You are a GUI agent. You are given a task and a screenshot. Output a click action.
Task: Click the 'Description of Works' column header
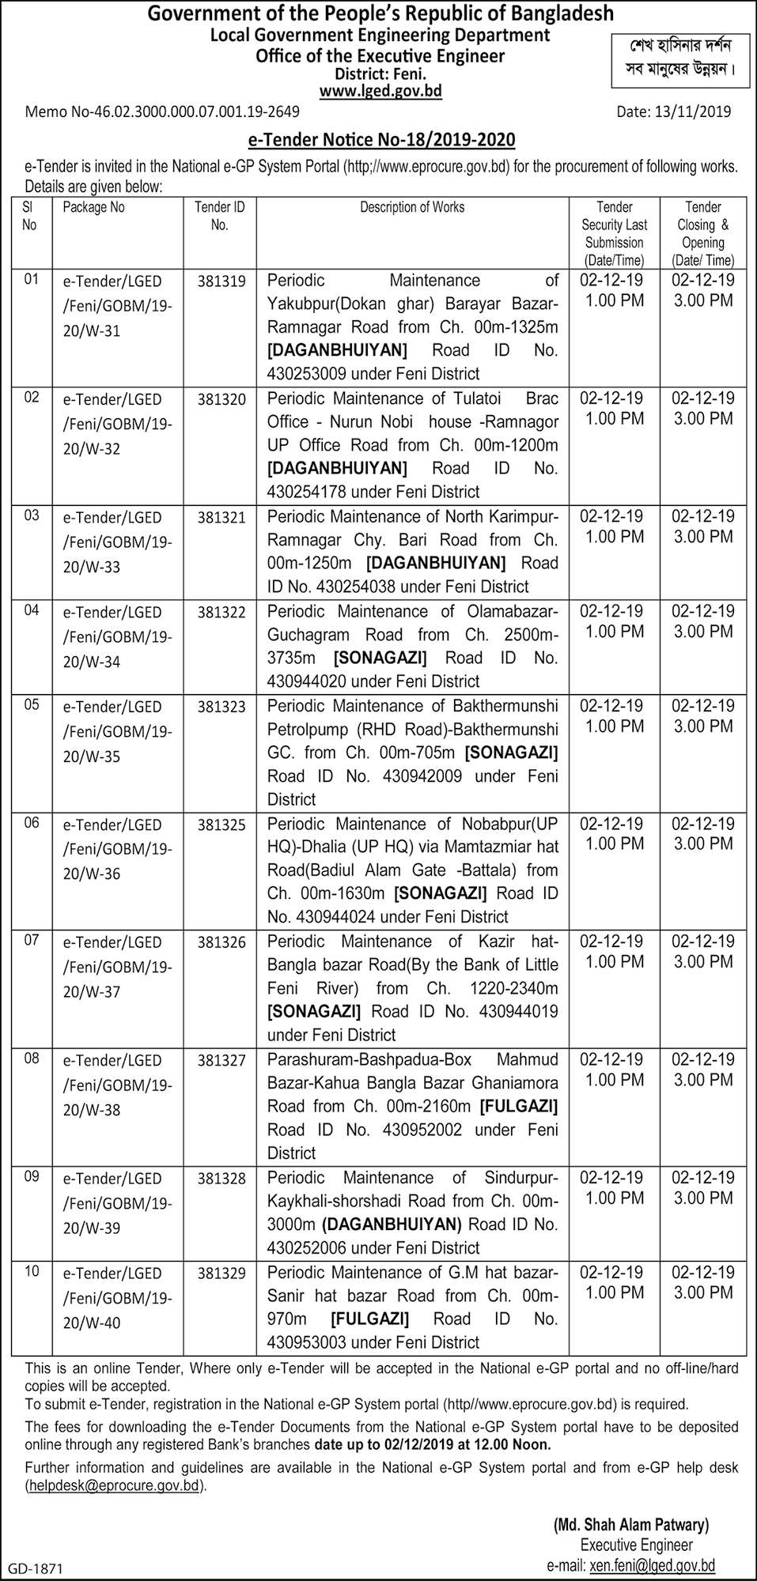412,207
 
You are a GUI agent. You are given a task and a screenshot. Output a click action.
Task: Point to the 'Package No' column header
93,207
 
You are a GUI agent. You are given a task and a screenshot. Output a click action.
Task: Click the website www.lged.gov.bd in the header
380,92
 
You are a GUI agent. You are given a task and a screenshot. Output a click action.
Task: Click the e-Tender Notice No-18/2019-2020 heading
381,140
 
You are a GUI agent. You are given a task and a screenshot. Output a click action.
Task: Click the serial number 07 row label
32,941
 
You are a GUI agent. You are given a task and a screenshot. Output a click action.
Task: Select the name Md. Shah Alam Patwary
631,1525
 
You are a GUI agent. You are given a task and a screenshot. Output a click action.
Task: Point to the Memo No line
162,111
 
